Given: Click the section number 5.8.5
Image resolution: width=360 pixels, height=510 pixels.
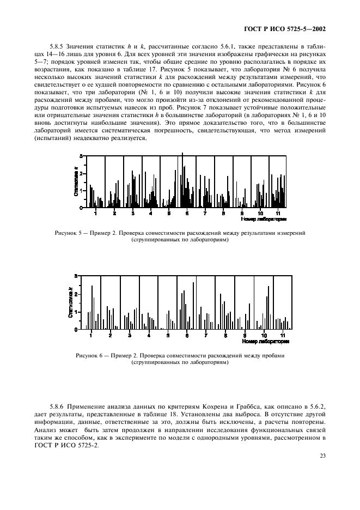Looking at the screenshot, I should (x=57, y=47).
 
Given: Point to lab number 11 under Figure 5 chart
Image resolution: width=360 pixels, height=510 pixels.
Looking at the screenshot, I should (x=278, y=214).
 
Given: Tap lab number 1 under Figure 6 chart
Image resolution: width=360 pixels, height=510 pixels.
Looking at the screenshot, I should (x=91, y=335).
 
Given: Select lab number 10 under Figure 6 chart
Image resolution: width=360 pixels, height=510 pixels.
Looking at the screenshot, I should (x=264, y=335).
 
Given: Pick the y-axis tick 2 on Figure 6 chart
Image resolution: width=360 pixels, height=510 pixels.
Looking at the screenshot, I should (x=76, y=294).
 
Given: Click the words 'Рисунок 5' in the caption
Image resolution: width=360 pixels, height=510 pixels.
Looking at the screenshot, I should (x=69, y=233).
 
